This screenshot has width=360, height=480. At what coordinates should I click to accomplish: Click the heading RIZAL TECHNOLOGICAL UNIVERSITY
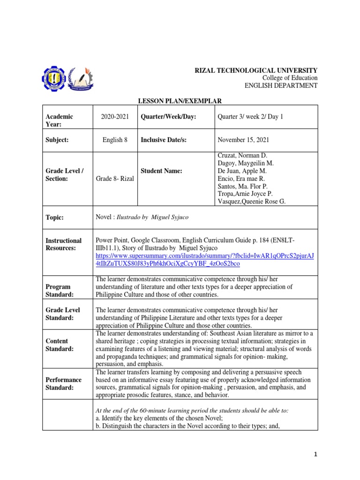(256, 69)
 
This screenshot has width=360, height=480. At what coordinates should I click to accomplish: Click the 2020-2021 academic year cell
(114, 117)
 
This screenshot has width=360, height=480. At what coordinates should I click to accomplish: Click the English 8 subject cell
(114, 140)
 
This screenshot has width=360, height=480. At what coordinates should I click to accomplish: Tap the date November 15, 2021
(243, 140)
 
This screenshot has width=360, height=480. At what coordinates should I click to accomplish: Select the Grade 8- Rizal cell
(114, 179)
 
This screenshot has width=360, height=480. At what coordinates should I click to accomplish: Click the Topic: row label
(54, 217)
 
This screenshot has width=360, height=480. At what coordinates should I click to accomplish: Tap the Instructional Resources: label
(63, 244)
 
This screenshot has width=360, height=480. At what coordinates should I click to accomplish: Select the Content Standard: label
(60, 345)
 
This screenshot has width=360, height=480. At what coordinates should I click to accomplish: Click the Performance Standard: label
(63, 384)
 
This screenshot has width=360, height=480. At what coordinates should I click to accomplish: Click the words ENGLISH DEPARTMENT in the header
(281, 85)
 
